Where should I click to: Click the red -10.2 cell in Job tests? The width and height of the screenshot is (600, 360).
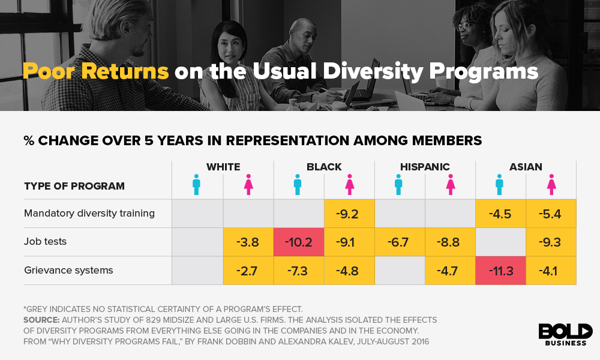click(298, 242)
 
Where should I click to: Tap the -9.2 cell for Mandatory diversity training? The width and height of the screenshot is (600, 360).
click(349, 214)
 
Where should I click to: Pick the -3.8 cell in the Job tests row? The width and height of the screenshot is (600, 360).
click(247, 242)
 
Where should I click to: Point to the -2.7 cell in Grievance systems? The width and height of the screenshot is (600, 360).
click(247, 271)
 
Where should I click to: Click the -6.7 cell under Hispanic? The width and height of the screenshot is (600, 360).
click(399, 242)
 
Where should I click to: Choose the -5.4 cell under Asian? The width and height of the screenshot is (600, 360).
click(550, 214)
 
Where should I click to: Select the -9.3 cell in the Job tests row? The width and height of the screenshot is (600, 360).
click(550, 242)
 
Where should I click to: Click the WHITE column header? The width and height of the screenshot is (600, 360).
click(223, 167)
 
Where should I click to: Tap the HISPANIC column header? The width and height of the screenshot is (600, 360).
click(425, 167)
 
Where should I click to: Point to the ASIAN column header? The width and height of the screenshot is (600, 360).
click(526, 167)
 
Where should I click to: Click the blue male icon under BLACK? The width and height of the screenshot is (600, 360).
click(298, 185)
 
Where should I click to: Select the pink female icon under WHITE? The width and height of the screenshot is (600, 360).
click(248, 185)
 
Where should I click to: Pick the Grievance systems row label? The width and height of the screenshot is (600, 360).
click(68, 271)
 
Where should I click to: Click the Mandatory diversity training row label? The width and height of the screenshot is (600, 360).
click(89, 213)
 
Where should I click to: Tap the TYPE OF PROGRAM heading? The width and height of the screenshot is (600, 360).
click(74, 186)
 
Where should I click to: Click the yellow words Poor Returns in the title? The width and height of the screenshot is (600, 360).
click(95, 71)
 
